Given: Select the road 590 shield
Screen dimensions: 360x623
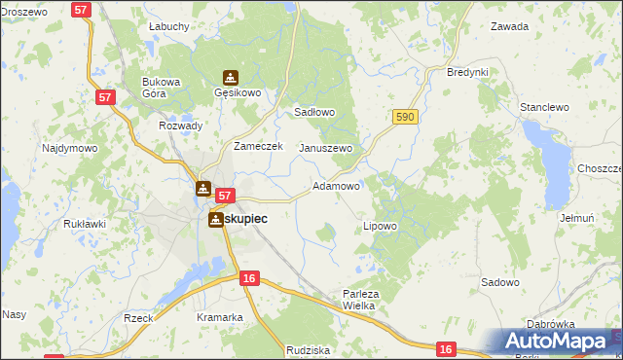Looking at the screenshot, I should point(405,117).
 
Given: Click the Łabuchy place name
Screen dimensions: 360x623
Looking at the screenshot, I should point(168,26).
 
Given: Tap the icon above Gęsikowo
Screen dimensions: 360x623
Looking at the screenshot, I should point(231,77).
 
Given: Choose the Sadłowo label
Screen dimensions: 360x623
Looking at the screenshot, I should point(314,112).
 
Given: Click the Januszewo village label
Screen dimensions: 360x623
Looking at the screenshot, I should point(325,148).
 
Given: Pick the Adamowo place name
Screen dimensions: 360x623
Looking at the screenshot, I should point(336,185).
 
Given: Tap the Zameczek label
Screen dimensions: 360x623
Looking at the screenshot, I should point(258,146).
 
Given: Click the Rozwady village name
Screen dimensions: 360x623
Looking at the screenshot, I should point(180,126).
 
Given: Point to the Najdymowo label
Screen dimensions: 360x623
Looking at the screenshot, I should point(69,149).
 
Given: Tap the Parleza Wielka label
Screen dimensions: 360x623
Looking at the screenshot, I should point(358,299).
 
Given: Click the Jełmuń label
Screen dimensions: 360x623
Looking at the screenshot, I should point(577,218).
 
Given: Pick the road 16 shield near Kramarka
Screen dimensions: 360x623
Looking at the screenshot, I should point(249,278).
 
